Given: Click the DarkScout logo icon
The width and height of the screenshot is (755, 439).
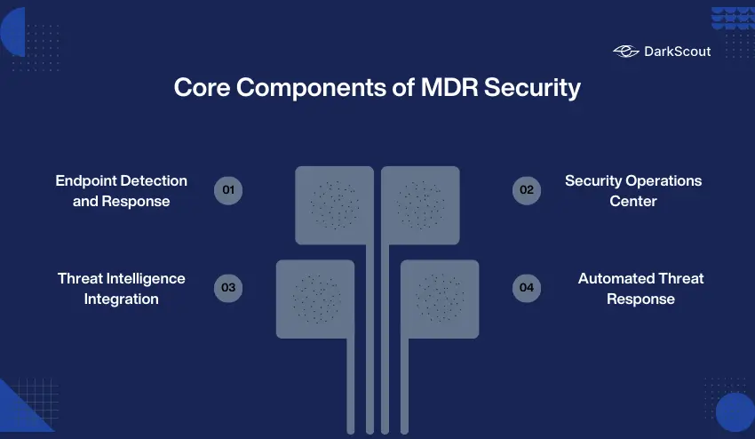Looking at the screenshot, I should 626,52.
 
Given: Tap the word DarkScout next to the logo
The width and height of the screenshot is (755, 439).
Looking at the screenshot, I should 677,52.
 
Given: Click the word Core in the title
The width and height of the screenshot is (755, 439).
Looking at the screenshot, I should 201,89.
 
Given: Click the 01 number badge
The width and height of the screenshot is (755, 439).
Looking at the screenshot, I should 228,190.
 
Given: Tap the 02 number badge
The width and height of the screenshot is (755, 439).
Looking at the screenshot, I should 527,190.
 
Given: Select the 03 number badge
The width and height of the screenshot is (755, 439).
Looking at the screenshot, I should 228,288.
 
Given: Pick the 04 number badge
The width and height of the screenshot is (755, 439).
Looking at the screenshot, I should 527,288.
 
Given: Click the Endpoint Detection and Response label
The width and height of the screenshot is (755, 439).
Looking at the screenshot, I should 122,190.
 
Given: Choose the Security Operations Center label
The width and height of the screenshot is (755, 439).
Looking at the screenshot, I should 633,190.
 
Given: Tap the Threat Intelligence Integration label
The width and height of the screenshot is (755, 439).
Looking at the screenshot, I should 122,288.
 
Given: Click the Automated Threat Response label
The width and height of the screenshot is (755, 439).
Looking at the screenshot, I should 640,288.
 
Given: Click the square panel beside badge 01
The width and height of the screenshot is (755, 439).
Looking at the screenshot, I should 334,204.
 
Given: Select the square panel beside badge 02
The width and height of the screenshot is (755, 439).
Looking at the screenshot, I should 420,204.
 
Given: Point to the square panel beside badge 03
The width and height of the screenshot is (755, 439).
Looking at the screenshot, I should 315,299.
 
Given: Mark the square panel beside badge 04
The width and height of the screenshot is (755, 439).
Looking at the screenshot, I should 440,299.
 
